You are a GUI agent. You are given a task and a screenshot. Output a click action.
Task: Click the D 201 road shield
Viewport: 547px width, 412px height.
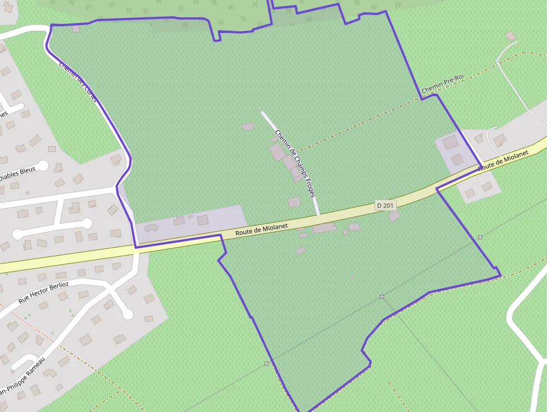385,206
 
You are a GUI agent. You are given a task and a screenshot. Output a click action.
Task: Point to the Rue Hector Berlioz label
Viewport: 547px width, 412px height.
44,292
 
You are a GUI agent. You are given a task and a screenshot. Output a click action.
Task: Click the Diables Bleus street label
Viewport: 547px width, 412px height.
17,173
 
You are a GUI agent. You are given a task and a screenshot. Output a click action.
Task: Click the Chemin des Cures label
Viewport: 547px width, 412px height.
79,82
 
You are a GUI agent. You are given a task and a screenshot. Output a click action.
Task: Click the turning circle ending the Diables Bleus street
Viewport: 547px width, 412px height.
43,165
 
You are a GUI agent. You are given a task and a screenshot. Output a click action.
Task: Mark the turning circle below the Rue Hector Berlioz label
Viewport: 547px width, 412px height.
127,314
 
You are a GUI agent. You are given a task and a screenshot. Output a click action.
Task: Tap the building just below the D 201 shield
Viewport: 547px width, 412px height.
394,216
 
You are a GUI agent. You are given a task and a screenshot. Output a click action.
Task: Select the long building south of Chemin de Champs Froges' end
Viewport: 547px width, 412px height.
324,228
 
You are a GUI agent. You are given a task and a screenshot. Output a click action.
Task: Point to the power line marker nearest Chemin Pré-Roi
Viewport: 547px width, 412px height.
480,238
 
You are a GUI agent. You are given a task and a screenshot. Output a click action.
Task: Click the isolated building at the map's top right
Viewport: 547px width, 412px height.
511,36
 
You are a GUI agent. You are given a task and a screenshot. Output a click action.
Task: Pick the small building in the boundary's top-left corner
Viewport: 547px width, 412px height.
76,29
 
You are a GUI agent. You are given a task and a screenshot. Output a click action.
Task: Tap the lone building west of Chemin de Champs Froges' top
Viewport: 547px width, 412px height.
247,127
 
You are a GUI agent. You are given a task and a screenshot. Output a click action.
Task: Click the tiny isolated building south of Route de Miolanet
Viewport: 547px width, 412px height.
352,276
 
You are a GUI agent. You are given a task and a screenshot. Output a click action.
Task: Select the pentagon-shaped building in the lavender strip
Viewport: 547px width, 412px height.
151,228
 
